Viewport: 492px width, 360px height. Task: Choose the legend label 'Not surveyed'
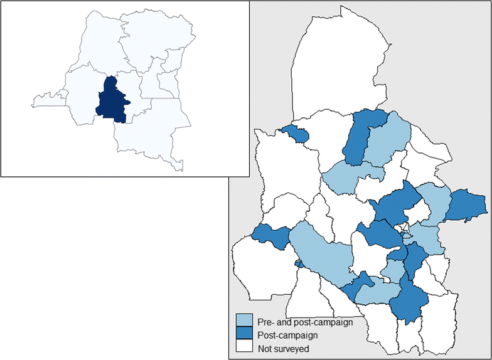coord(284,346)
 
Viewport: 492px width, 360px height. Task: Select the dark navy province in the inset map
coord(111,100)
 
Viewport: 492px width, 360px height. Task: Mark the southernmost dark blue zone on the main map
coord(409,301)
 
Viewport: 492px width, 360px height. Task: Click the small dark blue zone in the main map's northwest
coord(296,133)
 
